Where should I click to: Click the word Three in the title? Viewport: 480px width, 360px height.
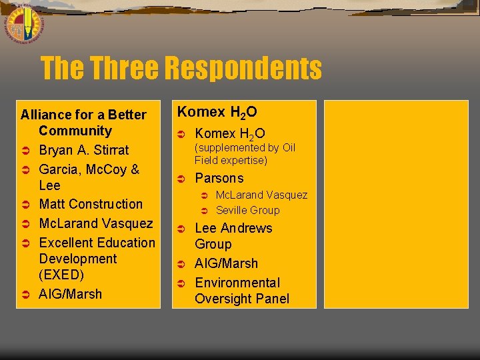click(125, 68)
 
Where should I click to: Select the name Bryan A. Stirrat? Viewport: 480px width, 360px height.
click(84, 150)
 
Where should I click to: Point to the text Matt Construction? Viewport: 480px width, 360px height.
click(91, 204)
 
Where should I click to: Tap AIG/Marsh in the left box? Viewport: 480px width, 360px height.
click(71, 294)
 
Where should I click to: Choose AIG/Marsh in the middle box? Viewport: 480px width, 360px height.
click(226, 263)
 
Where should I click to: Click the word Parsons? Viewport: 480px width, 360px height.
click(219, 178)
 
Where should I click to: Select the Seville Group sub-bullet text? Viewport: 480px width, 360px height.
click(247, 210)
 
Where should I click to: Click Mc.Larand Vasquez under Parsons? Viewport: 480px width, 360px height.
click(261, 195)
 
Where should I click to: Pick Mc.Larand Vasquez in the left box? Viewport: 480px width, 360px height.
click(96, 223)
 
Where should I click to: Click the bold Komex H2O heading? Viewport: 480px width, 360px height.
click(217, 112)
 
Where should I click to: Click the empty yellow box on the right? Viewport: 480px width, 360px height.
click(396, 203)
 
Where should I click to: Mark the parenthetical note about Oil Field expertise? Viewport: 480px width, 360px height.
click(245, 154)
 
